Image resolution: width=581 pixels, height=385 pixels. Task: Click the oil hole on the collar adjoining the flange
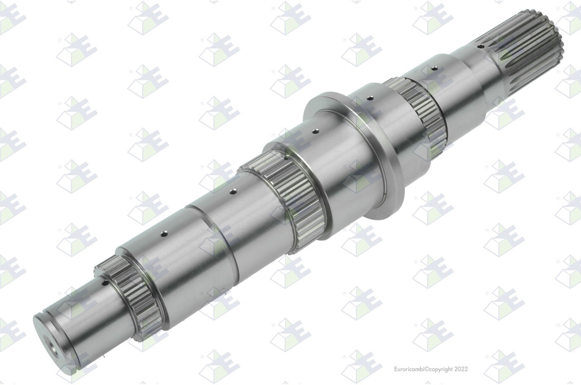tap(370, 97)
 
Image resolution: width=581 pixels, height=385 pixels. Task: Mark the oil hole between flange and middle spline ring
tap(314, 132)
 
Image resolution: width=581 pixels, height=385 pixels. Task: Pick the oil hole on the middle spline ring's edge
tap(286, 158)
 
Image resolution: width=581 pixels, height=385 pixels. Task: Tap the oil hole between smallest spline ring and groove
tap(164, 235)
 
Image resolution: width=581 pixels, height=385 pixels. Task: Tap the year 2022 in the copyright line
tap(460, 369)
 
